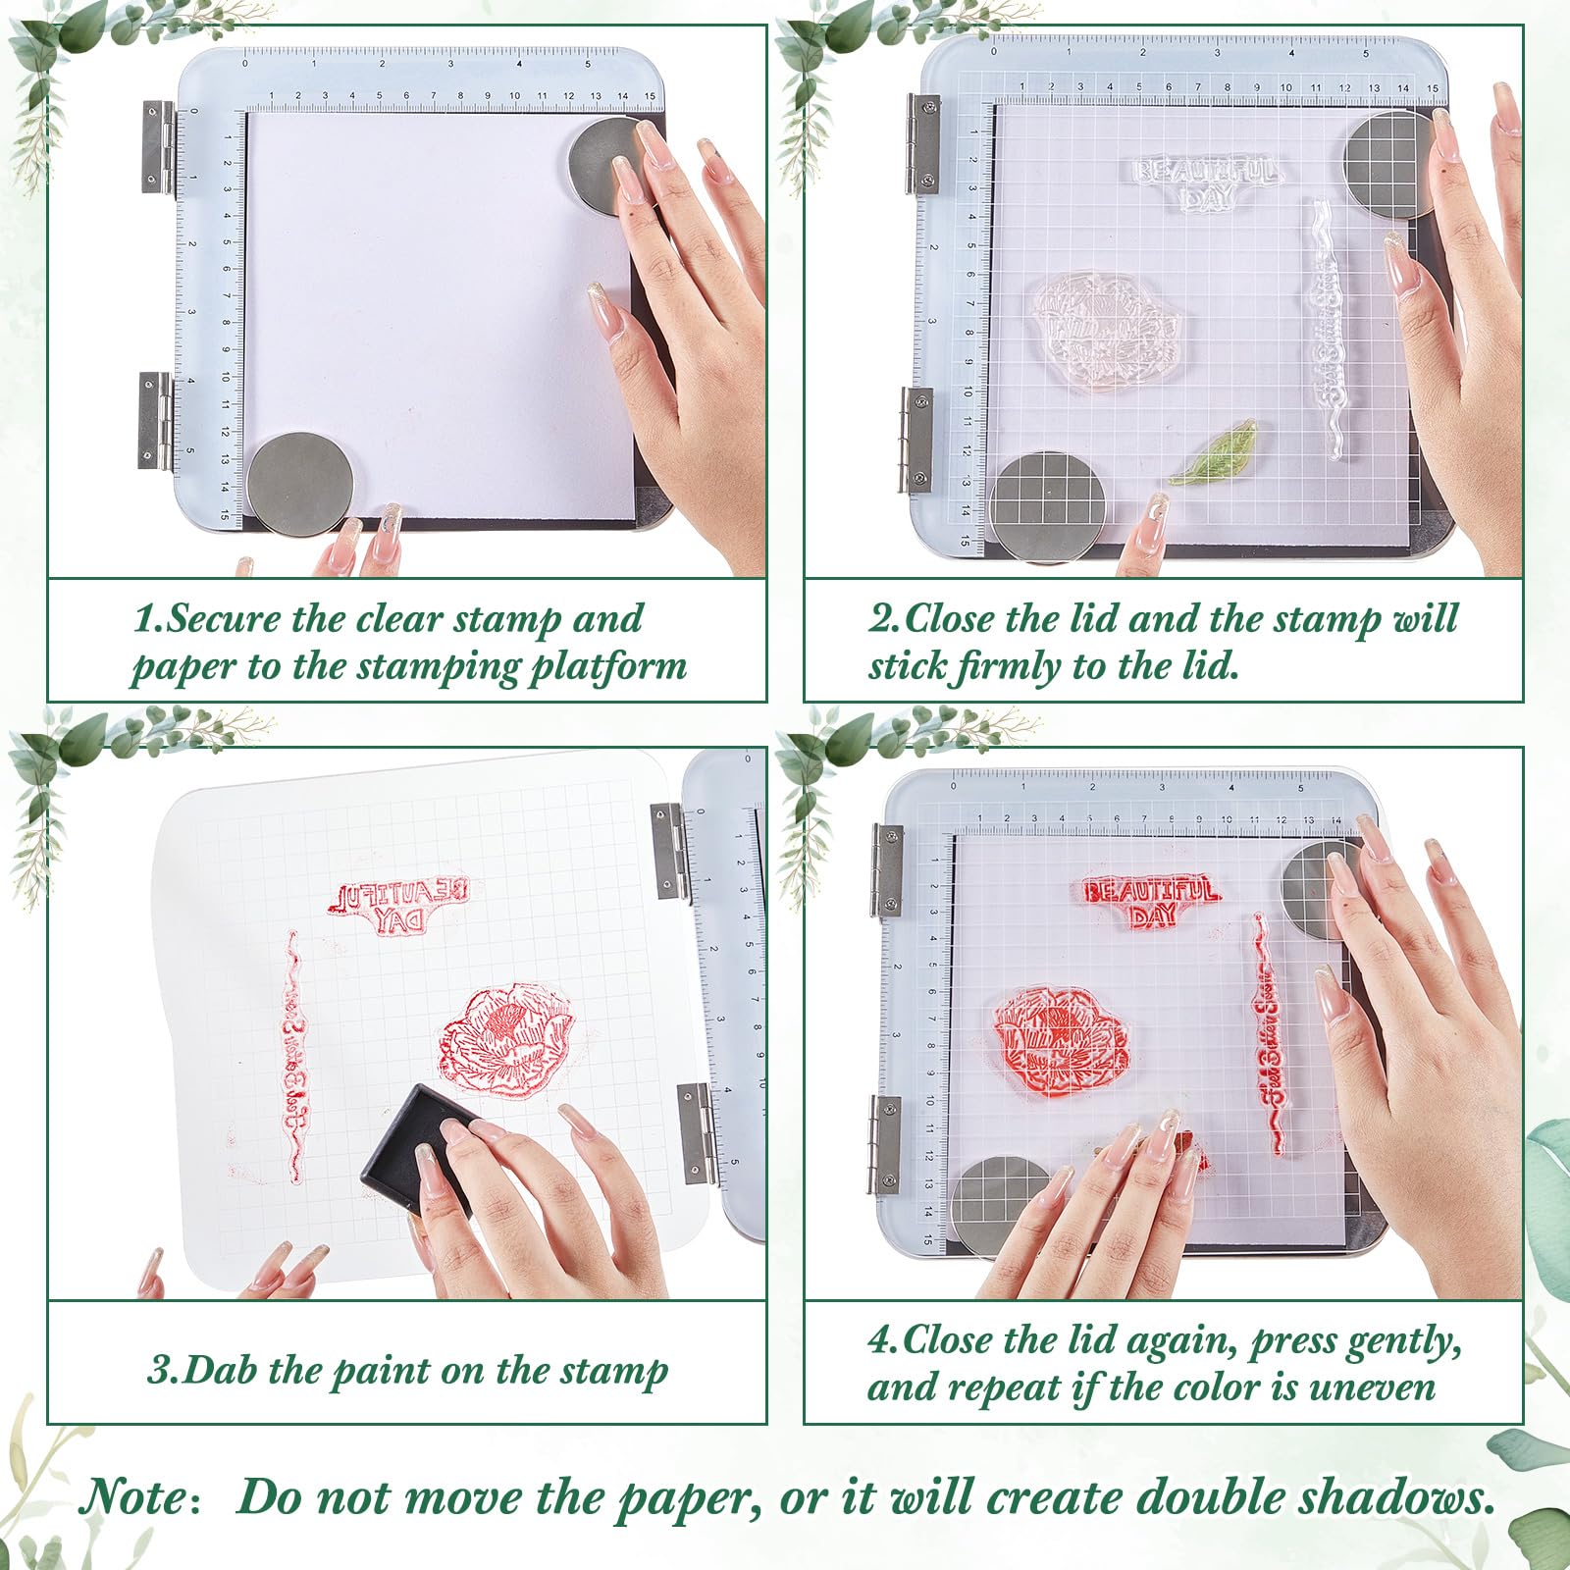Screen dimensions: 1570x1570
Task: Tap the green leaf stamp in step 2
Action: [1214, 452]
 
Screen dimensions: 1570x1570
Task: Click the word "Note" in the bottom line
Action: [132, 1498]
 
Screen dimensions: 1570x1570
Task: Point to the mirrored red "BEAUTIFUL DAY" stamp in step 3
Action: [398, 905]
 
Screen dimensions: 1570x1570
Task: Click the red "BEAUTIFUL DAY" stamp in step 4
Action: [1150, 902]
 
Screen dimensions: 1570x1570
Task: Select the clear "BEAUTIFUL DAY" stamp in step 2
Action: [1206, 182]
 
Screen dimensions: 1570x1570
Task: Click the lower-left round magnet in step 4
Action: [1001, 1205]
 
